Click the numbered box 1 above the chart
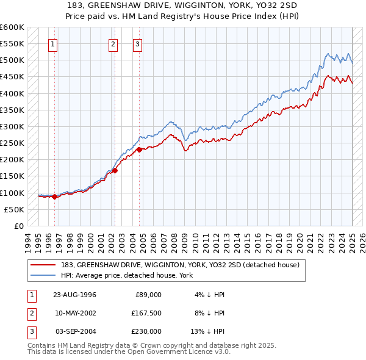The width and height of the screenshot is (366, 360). (x=53, y=44)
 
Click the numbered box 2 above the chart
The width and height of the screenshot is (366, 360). (x=113, y=44)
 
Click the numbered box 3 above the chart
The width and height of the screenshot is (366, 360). (x=137, y=44)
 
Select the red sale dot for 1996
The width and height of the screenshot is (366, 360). (x=54, y=196)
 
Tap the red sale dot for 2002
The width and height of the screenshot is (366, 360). (x=115, y=170)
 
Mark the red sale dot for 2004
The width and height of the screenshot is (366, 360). (x=139, y=149)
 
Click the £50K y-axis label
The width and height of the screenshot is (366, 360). (x=13, y=209)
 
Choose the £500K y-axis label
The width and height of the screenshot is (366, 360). (x=12, y=60)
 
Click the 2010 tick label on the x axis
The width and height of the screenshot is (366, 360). (x=196, y=240)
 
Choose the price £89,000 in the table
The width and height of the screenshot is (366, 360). (x=148, y=295)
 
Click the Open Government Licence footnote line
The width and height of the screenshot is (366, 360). (x=129, y=352)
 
